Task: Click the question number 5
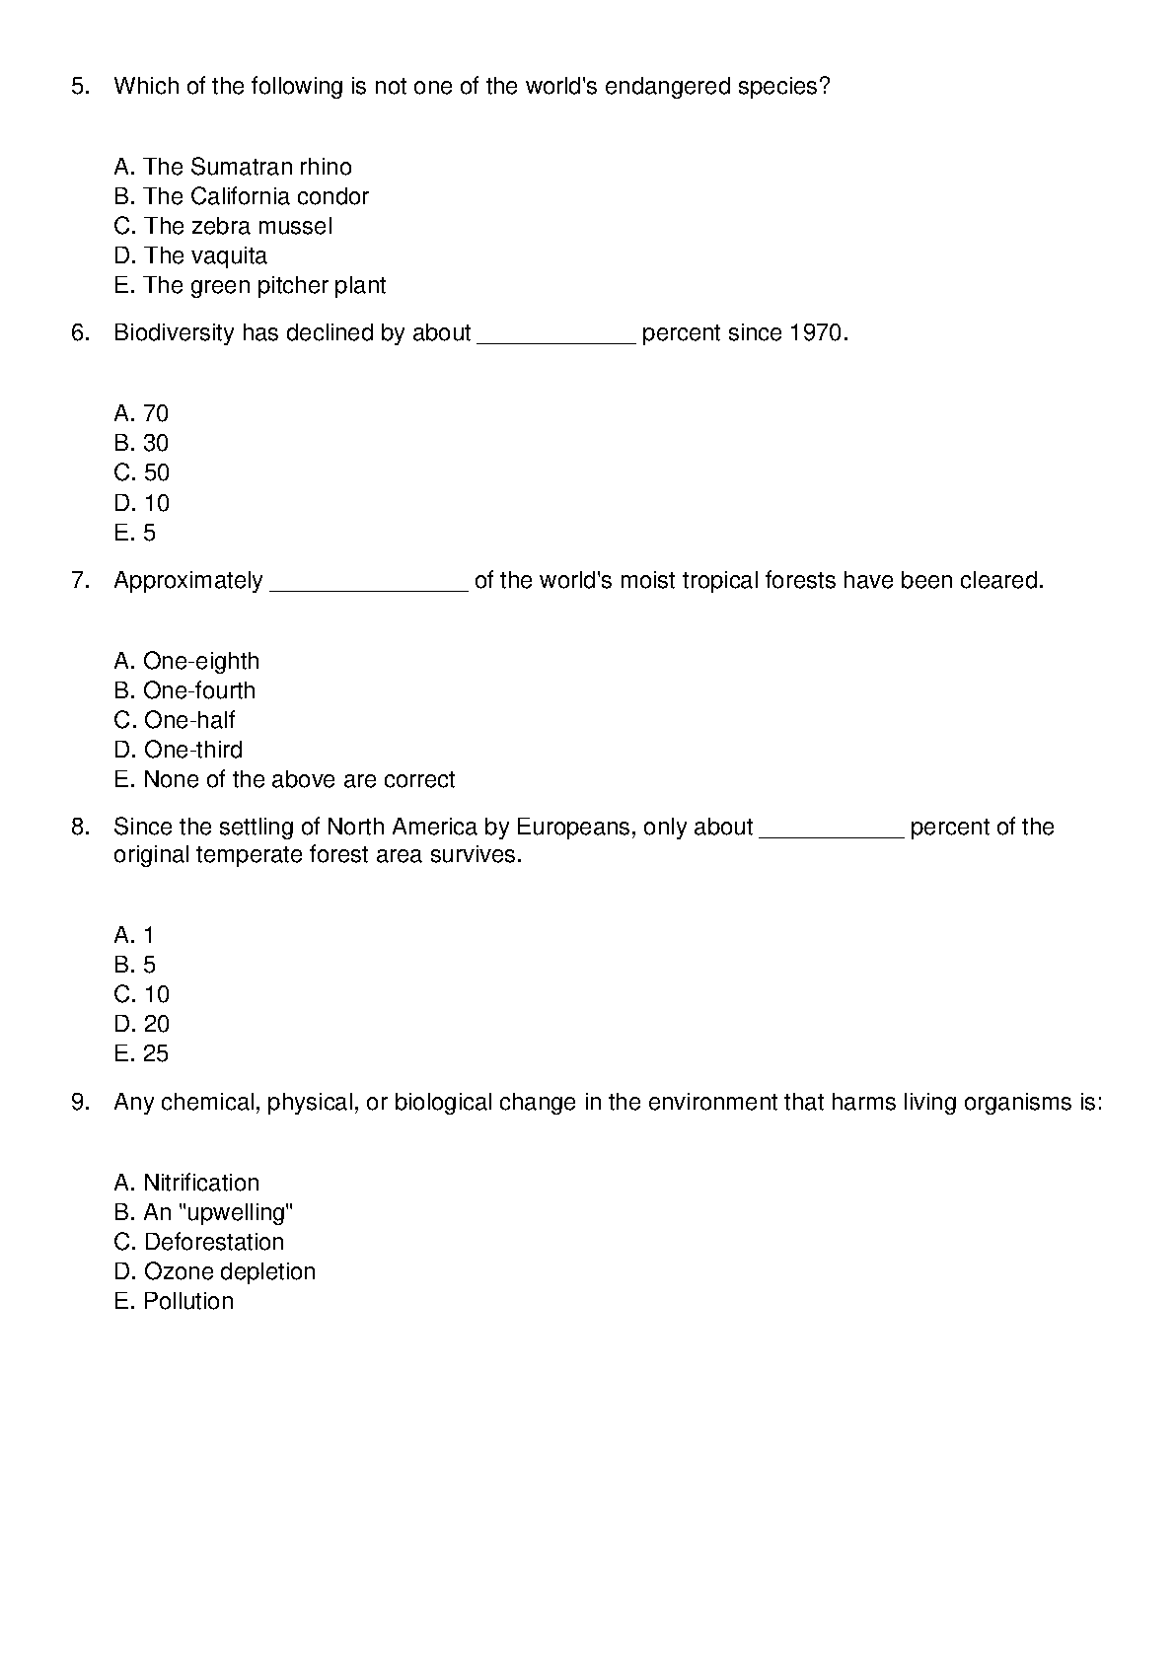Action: point(80,87)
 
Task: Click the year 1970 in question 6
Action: point(816,333)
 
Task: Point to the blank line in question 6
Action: point(556,338)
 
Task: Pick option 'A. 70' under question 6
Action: point(141,413)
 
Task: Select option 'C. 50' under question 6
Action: point(141,472)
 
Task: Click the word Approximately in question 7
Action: point(188,581)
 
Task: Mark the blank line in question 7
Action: point(368,586)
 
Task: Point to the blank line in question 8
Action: point(831,832)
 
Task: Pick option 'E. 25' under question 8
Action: point(141,1053)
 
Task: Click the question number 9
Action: point(80,1103)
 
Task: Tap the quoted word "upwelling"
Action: point(236,1212)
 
